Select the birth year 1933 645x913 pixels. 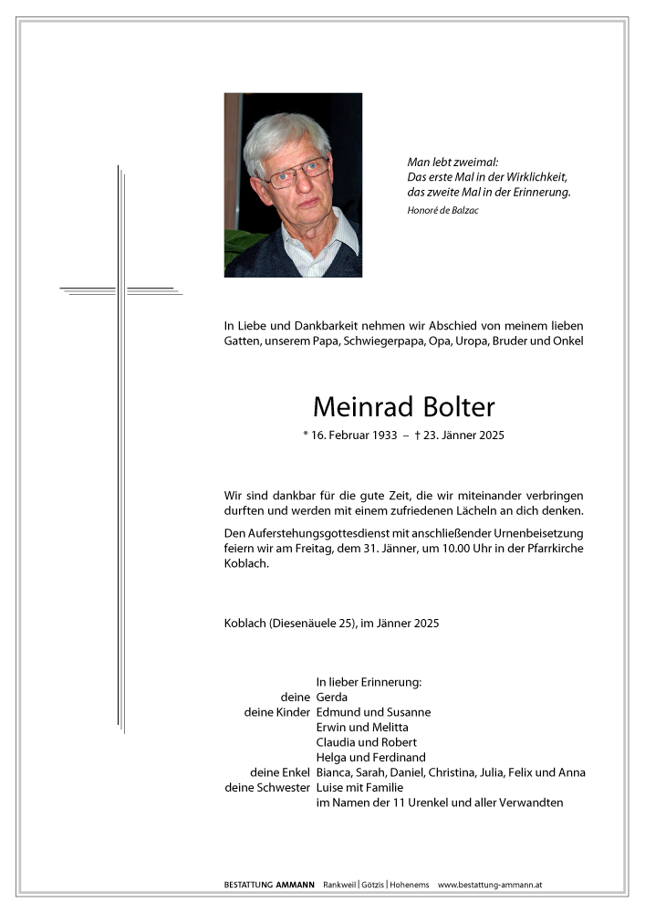383,436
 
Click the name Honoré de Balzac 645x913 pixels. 442,211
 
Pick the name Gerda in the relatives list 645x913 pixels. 332,697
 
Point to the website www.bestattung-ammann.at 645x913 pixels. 491,885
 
